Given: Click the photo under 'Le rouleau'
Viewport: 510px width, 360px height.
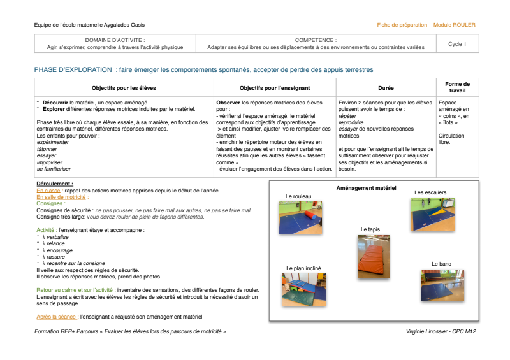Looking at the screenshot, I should tap(300, 217).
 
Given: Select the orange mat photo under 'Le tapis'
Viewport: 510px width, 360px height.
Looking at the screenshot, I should tap(374, 257).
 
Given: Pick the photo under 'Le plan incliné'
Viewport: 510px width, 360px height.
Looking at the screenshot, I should tap(304, 290).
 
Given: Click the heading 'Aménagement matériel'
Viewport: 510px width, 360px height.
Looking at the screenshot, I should tap(366, 188).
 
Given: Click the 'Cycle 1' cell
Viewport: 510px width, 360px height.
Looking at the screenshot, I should tap(456, 44).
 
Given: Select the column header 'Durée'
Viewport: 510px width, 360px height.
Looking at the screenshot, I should tap(386, 87).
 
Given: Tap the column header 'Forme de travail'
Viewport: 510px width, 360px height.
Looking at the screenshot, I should tap(457, 87).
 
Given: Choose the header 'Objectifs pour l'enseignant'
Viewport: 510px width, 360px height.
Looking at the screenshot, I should tap(275, 87).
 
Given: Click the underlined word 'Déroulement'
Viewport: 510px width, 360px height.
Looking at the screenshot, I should tap(55, 184).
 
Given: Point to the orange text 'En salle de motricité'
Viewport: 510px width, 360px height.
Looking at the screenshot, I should tap(61, 197).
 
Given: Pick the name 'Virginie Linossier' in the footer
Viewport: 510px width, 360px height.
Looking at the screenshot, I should tap(430, 332).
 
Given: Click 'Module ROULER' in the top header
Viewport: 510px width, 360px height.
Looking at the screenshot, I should tap(454, 25).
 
